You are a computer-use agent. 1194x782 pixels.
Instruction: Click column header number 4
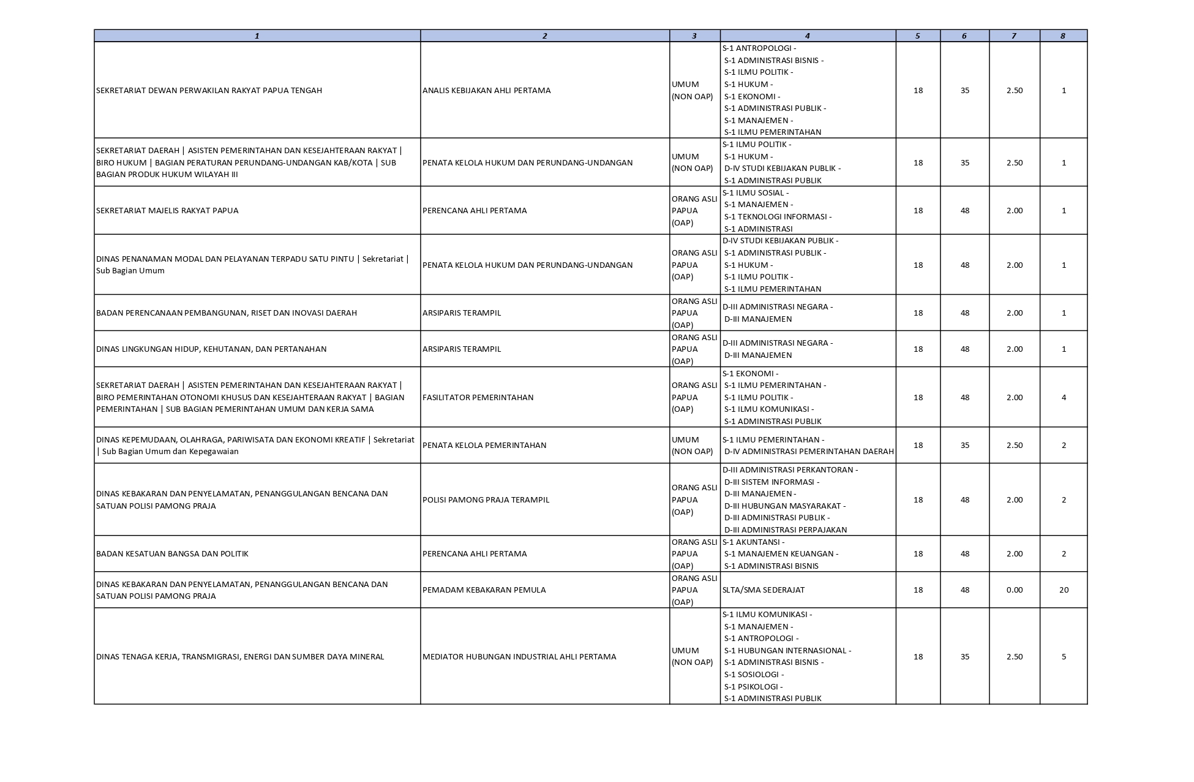(808, 36)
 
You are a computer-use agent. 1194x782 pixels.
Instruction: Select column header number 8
(1063, 36)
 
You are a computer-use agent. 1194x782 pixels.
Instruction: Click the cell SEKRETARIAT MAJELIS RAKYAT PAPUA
(167, 211)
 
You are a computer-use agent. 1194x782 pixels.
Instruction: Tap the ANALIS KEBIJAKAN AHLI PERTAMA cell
(486, 91)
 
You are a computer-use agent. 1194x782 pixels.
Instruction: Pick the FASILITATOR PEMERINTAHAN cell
(478, 398)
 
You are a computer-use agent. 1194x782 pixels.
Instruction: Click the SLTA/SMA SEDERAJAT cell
(763, 590)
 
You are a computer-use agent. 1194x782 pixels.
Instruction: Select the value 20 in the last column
(1064, 590)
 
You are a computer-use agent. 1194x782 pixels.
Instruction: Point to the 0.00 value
(1014, 590)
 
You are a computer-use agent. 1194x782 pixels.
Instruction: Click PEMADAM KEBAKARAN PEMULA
(484, 590)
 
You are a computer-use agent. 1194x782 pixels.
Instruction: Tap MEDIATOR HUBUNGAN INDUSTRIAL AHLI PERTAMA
(519, 657)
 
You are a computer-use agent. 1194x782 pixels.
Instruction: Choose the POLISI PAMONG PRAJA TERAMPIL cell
(486, 500)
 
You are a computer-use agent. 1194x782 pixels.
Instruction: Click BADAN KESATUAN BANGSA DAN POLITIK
(172, 554)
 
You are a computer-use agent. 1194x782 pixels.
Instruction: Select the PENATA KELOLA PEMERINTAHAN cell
(484, 446)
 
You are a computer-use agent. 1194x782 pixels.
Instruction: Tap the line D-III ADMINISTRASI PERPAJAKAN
(785, 530)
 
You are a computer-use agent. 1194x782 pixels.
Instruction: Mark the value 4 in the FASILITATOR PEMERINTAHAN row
(1064, 398)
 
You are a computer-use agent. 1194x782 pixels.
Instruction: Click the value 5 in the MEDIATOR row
(1064, 657)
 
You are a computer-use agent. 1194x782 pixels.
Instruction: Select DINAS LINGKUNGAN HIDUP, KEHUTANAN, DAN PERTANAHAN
(211, 349)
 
